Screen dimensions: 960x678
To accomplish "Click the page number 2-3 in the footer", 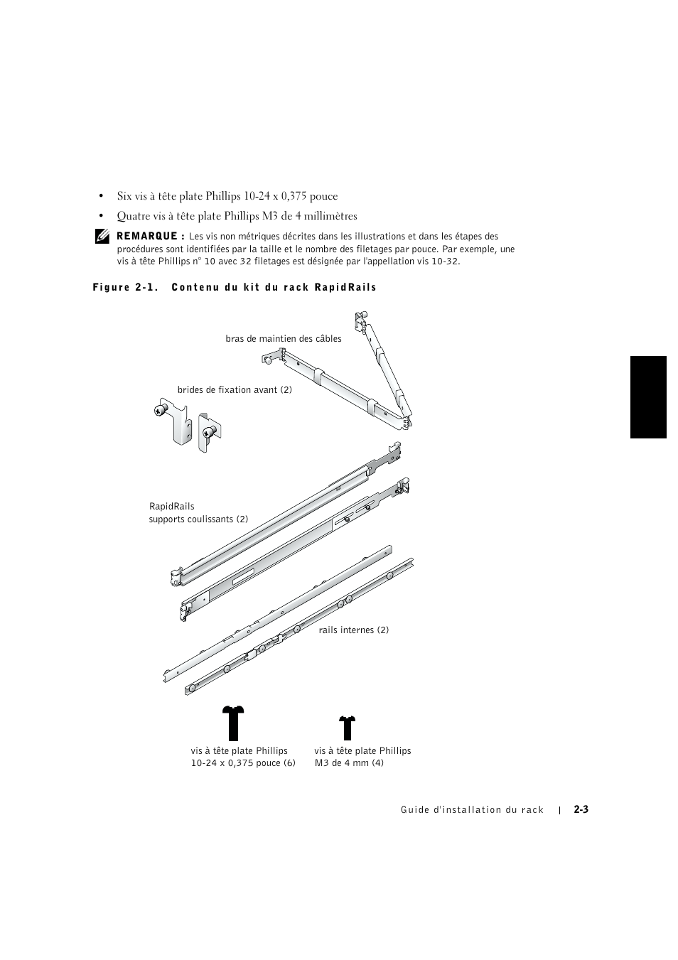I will [581, 809].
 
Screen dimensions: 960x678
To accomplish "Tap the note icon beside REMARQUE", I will [101, 237].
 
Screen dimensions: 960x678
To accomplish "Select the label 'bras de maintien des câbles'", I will [283, 339].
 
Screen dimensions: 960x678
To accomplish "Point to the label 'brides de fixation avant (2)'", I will [235, 390].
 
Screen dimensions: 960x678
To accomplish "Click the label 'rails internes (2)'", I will [353, 630].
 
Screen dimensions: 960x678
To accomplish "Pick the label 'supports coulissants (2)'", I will [198, 519].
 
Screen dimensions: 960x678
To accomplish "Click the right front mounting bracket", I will [210, 431].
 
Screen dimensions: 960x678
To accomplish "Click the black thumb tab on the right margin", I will [647, 397].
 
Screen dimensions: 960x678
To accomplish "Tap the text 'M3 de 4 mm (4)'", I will [349, 763].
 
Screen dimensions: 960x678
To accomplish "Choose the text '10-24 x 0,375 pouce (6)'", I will [242, 763].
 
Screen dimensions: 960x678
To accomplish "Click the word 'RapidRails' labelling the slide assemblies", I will [171, 507].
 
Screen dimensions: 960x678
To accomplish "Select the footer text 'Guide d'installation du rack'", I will [472, 810].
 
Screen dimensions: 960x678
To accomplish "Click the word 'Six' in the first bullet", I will [125, 196].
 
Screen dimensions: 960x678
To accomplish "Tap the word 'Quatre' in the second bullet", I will [133, 216].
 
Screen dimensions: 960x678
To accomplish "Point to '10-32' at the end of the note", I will [445, 261].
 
